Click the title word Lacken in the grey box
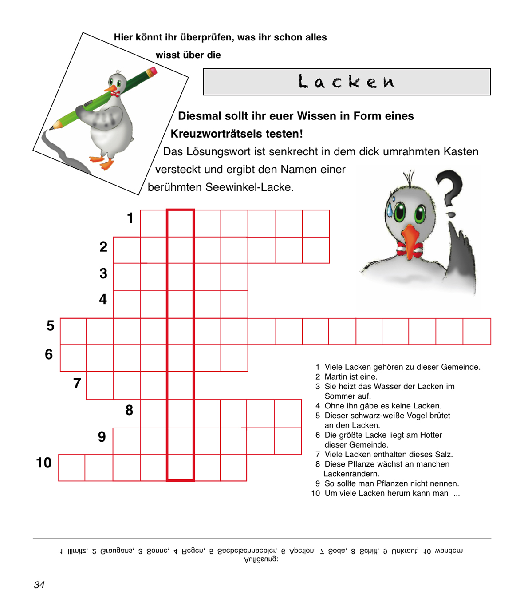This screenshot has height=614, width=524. tap(347, 82)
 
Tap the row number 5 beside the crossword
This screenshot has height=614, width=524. tap(51, 326)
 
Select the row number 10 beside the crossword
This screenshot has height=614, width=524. tap(44, 463)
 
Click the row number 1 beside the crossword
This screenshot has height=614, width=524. tap(130, 218)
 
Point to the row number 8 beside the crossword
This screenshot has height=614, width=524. tap(129, 410)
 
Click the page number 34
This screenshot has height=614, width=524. tap(39, 585)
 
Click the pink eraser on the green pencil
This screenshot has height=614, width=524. tap(152, 71)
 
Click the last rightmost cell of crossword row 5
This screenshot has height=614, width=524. tap(477, 331)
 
